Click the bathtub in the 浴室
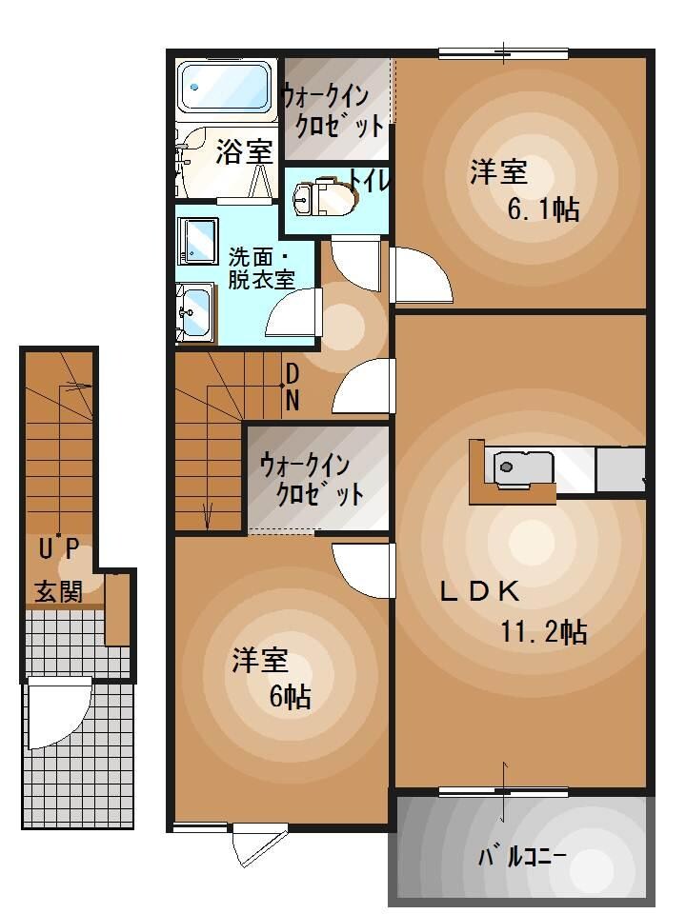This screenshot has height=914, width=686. (x=227, y=90)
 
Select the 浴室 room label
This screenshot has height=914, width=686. (x=244, y=150)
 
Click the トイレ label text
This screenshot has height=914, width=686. (x=370, y=180)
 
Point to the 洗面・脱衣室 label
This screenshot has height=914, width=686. (x=260, y=268)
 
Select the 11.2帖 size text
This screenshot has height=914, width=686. (x=543, y=631)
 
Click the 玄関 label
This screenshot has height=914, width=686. (x=59, y=591)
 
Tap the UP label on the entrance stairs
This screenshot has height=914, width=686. (x=59, y=548)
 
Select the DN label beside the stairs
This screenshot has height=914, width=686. (x=293, y=387)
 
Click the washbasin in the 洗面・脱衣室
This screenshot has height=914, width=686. (x=196, y=309)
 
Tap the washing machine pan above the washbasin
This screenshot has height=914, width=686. (x=198, y=238)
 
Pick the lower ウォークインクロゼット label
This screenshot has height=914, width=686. (x=312, y=480)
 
